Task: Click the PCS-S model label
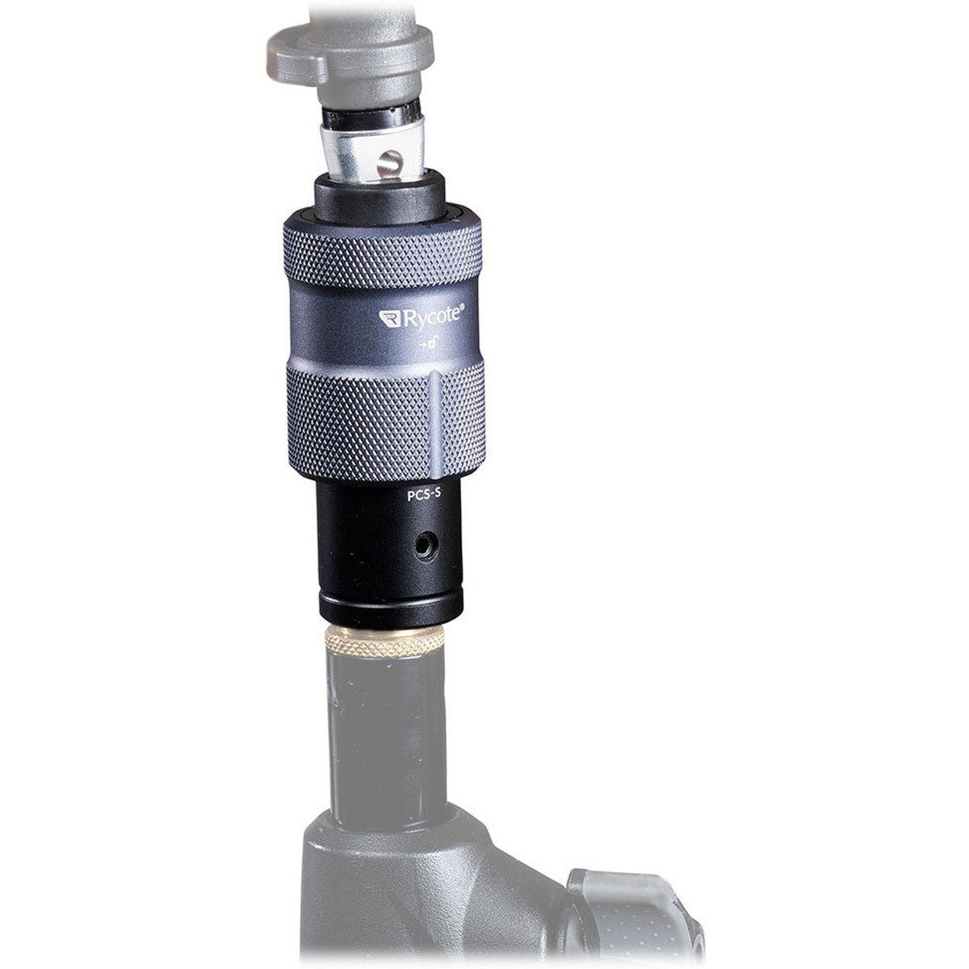[x=422, y=497]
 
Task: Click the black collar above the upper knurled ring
[x=379, y=198]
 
